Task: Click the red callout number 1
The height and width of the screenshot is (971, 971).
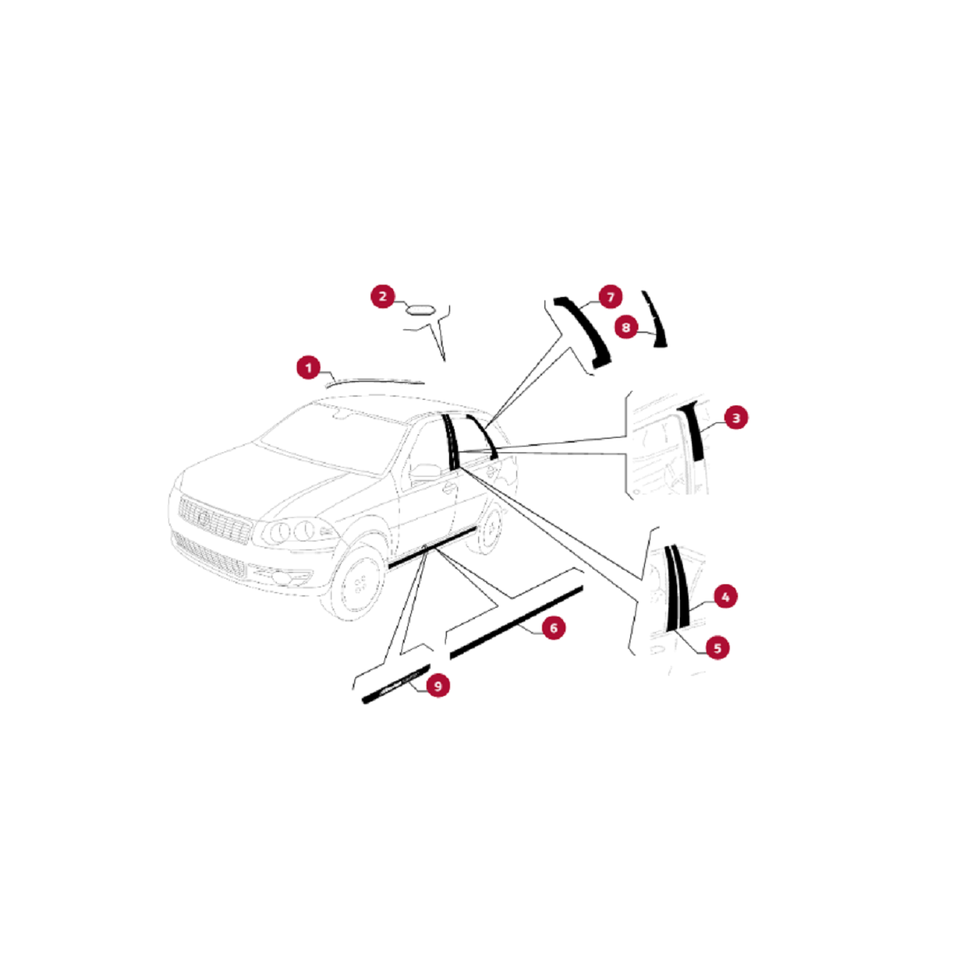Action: click(x=307, y=368)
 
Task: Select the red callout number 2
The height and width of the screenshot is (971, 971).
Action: click(x=383, y=296)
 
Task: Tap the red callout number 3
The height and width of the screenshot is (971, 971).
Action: click(x=736, y=418)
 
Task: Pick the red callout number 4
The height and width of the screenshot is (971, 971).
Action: click(x=725, y=597)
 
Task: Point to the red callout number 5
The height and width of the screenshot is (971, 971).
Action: click(x=717, y=647)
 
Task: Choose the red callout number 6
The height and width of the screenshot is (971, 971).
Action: click(x=553, y=628)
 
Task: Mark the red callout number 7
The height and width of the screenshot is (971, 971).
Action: click(x=610, y=296)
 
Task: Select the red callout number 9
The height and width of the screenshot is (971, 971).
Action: click(x=438, y=686)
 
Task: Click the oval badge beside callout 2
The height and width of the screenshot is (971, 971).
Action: click(x=420, y=309)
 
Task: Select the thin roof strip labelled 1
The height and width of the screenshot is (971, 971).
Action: click(x=376, y=379)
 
